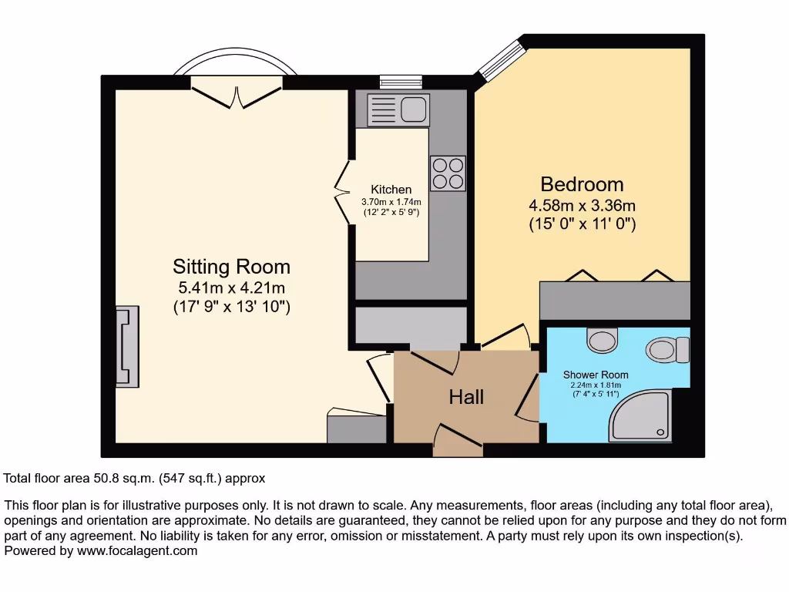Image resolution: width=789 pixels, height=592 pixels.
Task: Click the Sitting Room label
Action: (x=231, y=267)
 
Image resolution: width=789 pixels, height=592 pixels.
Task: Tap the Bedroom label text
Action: (x=582, y=184)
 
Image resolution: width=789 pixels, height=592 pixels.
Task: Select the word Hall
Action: (x=466, y=396)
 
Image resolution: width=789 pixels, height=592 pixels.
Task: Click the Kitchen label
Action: (x=391, y=190)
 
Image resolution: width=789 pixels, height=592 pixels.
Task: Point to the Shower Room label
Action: (x=596, y=375)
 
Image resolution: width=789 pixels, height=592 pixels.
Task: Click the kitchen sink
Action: (x=398, y=109)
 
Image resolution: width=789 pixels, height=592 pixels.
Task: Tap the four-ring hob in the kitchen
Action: (x=448, y=173)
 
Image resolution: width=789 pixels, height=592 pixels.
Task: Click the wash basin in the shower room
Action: (x=601, y=339)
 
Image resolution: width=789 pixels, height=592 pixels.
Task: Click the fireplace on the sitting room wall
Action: (x=127, y=346)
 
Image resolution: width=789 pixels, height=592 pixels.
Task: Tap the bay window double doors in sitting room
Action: (x=235, y=91)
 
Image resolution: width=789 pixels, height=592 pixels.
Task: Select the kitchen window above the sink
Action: (x=401, y=80)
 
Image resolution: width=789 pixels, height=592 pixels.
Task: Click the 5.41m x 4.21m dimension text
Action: (x=231, y=288)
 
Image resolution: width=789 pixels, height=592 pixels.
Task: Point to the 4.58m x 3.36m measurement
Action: (x=582, y=206)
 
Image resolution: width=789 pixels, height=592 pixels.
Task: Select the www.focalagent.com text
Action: (x=130, y=551)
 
